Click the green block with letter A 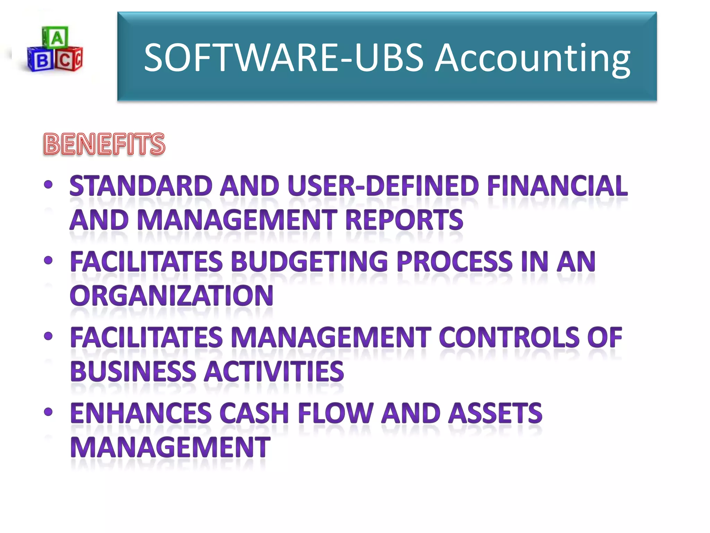coord(55,37)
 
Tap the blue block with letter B coord(41,60)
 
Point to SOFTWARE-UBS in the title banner coord(284,58)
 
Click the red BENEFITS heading coord(104,144)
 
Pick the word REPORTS coord(404,220)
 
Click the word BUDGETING coord(309,261)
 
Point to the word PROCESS coord(454,261)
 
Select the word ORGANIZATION coord(172,296)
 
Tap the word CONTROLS coord(509,337)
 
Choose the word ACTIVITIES coord(274,371)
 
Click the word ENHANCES coord(141,413)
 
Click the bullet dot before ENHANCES coord(49,412)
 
